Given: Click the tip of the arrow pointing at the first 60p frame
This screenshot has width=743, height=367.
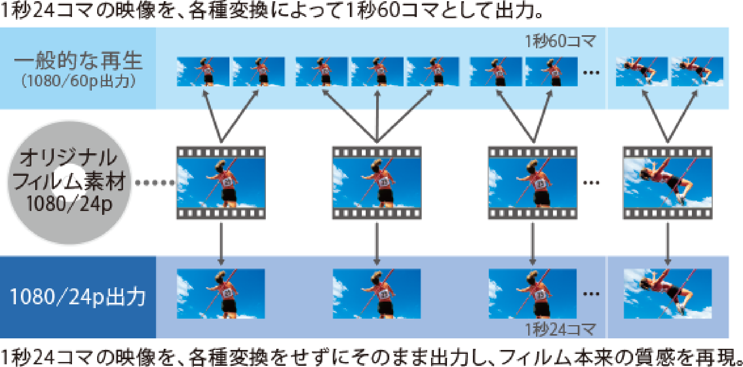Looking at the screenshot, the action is tap(204, 90).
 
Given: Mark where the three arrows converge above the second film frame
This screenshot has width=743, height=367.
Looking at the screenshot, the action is tap(377, 142).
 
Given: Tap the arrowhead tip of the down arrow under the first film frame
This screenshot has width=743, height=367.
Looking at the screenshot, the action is tap(221, 266).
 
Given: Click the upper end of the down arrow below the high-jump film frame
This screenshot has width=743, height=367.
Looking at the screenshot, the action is tap(668, 223).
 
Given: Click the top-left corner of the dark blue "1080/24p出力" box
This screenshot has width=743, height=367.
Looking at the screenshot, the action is tap(0, 256).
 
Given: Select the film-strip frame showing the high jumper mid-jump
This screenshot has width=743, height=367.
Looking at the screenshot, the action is tap(668, 183).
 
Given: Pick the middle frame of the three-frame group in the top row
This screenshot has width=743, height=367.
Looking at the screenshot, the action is tap(377, 72).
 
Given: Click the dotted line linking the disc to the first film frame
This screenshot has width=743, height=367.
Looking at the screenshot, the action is tap(155, 183).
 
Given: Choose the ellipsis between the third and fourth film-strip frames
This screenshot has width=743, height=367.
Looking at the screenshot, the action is tap(591, 183).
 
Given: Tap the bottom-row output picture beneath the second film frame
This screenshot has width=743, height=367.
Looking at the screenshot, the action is tap(377, 294).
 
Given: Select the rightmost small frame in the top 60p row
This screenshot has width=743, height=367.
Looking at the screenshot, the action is tap(697, 72).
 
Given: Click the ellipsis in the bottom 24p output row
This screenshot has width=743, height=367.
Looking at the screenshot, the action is tap(591, 294).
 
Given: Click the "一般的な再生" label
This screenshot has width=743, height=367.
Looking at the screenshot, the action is tap(78, 61).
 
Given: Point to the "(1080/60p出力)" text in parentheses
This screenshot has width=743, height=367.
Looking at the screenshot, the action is tap(79, 81).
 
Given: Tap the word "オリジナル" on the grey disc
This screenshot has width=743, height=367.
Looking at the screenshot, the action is tap(68, 158).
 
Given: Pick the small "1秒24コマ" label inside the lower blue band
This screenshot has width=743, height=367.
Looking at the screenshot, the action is tap(560, 329).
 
